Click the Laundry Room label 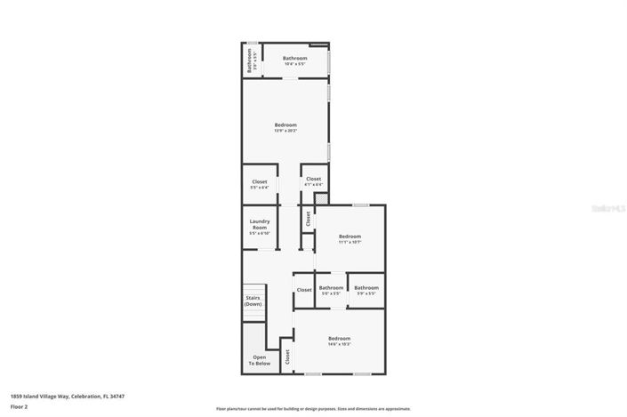(260, 223)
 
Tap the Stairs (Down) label (253, 301)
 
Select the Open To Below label (258, 360)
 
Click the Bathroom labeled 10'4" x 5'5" (295, 58)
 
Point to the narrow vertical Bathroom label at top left (251, 60)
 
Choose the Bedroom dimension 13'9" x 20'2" (285, 131)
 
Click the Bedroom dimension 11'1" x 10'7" (350, 242)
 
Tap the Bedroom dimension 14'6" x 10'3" (339, 344)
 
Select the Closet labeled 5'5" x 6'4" (260, 188)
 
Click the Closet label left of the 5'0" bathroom (304, 290)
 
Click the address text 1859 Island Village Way (68, 397)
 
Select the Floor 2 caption (20, 406)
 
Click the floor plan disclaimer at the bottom (313, 409)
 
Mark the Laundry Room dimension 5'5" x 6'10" (260, 233)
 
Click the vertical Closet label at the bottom (287, 357)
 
